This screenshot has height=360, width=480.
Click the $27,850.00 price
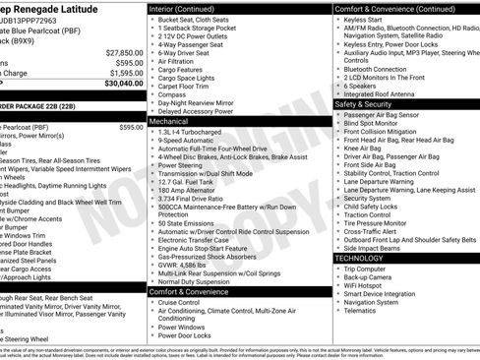click(124, 52)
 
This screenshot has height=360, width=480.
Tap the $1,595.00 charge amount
click(126, 73)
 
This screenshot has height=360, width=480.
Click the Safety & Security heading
click(363, 103)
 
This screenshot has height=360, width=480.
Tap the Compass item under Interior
click(174, 94)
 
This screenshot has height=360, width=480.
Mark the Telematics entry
click(364, 310)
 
